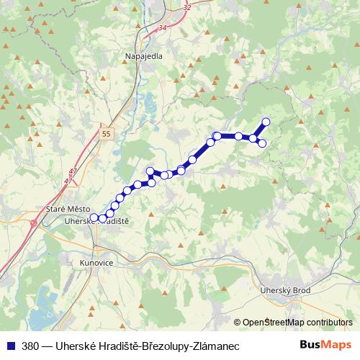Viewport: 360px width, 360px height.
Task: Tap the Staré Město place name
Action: click(x=65, y=209)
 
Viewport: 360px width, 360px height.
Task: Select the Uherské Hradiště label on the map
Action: click(x=96, y=222)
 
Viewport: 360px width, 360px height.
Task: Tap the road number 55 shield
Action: click(x=107, y=134)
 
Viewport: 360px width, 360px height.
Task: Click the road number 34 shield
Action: click(x=161, y=27)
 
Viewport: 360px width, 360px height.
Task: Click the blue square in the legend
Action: click(x=10, y=345)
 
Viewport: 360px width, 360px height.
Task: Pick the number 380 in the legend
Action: click(x=30, y=345)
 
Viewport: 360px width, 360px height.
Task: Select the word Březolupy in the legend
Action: click(x=158, y=345)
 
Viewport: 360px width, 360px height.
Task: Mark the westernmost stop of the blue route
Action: click(x=94, y=217)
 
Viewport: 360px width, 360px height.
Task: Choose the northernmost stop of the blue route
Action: click(x=266, y=122)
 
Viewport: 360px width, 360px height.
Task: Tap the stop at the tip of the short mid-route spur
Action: click(x=150, y=171)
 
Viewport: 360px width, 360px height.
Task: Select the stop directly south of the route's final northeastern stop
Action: click(x=262, y=143)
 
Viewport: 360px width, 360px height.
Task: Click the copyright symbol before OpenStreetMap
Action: click(x=238, y=323)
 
